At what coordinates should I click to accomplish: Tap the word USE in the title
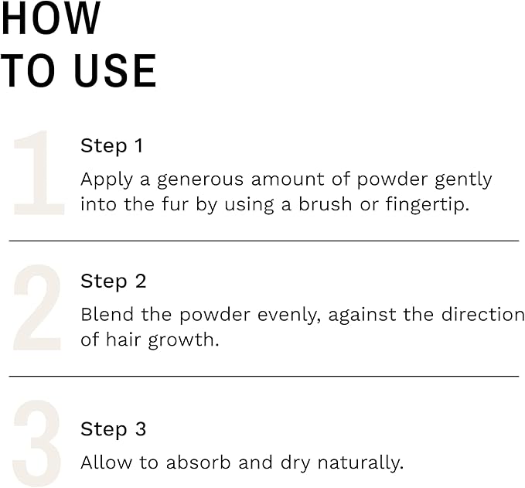115,71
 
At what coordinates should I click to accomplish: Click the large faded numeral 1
39,173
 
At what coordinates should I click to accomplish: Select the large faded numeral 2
37,308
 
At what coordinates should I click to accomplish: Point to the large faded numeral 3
37,445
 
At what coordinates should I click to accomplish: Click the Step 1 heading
112,146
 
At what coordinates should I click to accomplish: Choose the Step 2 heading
113,282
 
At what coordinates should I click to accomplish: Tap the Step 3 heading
113,429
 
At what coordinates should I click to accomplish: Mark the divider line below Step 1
263,241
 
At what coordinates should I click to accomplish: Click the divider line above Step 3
263,377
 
